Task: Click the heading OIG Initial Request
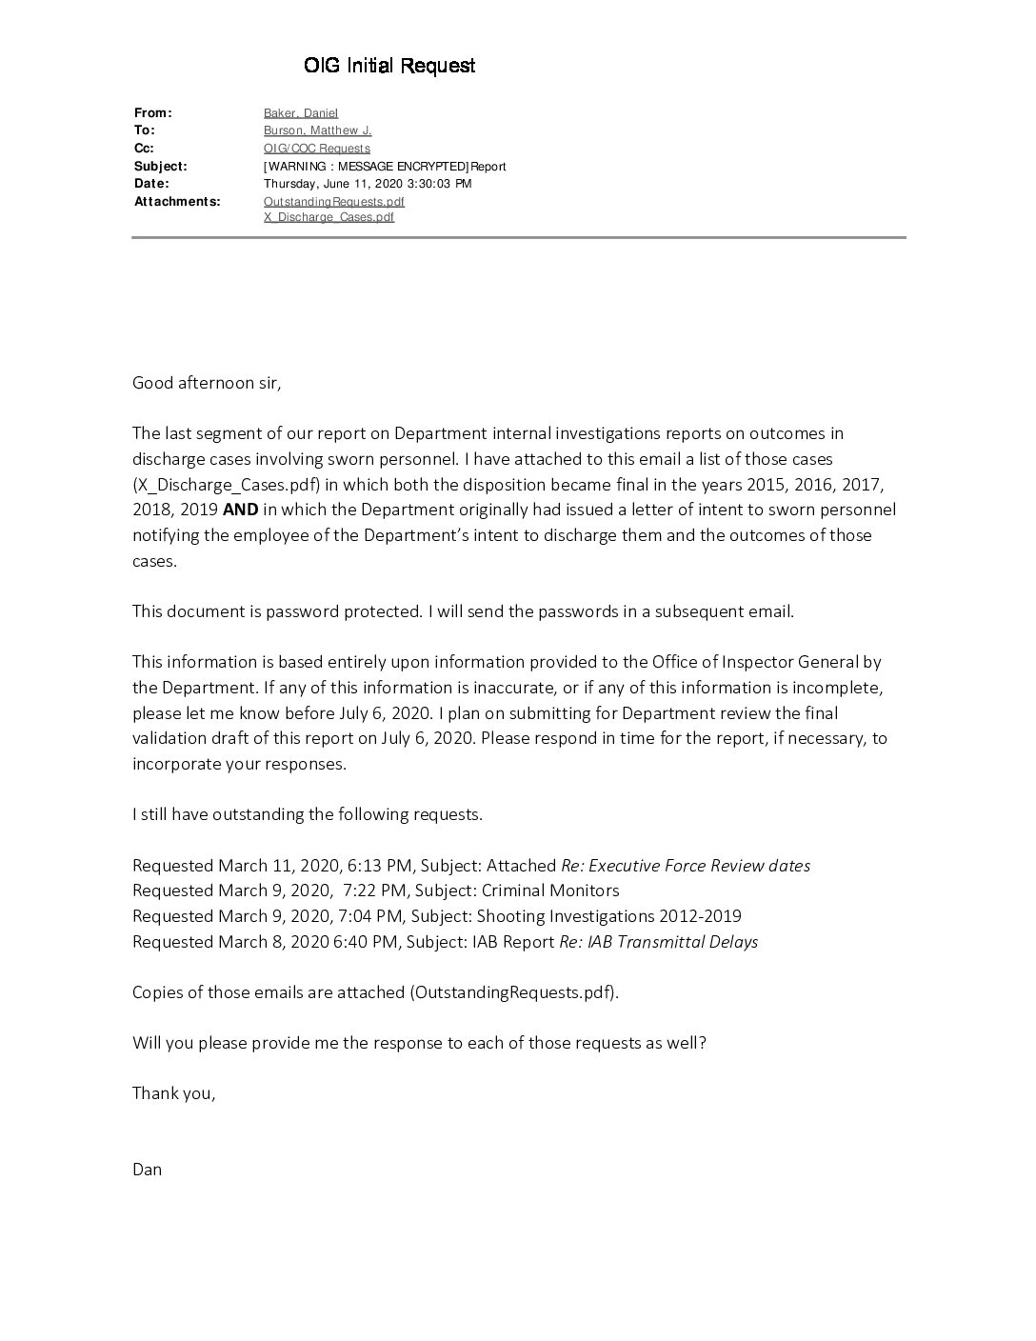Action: coord(389,66)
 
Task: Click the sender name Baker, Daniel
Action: coord(301,113)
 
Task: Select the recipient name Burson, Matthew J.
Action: coord(318,130)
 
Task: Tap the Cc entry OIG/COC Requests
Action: coord(317,149)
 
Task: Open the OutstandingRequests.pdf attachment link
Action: coord(334,202)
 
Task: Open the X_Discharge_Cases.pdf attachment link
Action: coord(329,217)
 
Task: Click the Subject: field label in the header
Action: coord(161,167)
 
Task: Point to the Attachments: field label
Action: coord(177,202)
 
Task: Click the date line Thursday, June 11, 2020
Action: coord(368,184)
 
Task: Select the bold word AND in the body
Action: coord(241,510)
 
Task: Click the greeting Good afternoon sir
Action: coord(207,383)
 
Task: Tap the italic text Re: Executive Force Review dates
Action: coord(686,866)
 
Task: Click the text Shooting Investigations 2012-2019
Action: coord(608,916)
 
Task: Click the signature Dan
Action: coord(148,1170)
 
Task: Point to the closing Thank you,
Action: coord(174,1093)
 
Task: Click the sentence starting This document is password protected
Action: coord(463,611)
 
